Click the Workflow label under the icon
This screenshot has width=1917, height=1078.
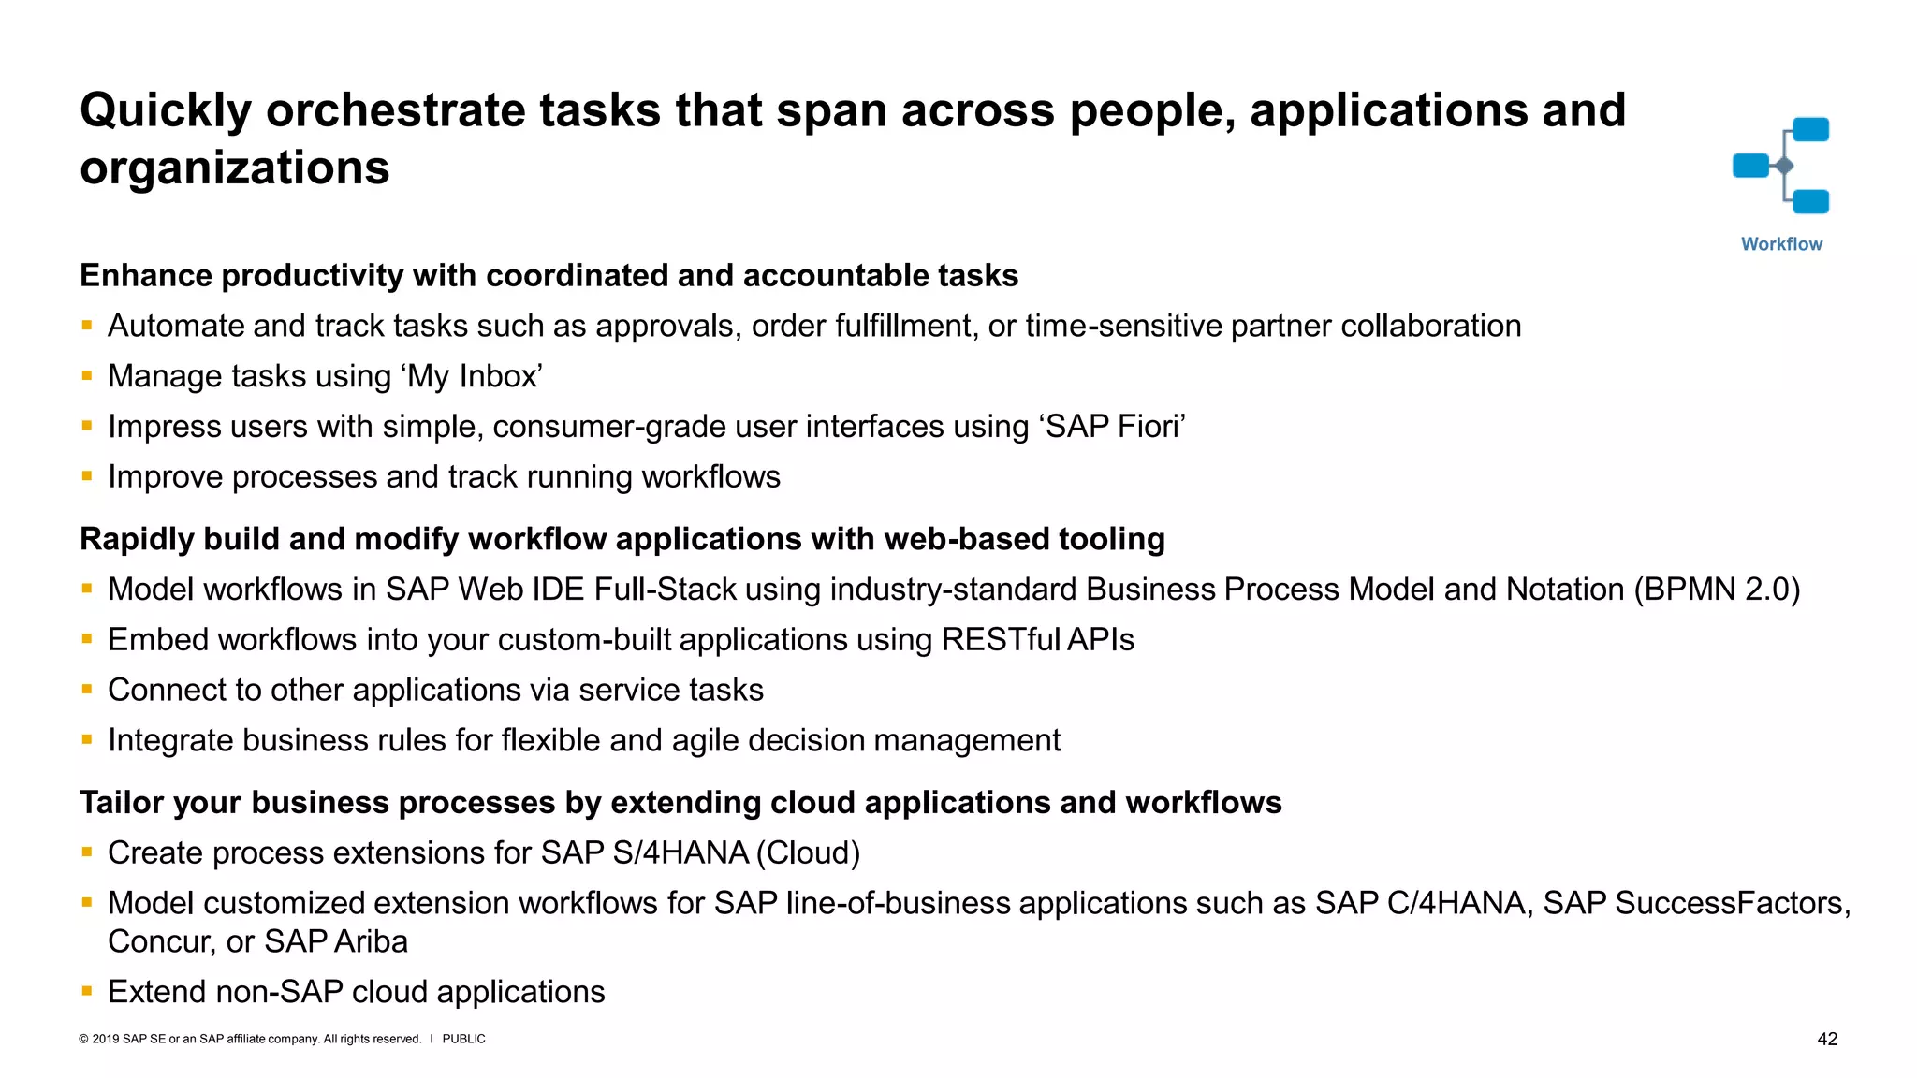[x=1781, y=244]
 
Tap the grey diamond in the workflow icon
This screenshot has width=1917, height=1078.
[x=1784, y=167]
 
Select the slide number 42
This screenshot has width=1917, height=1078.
[x=1827, y=1040]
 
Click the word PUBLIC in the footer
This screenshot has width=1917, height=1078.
[x=463, y=1040]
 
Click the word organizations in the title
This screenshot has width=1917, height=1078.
[x=234, y=168]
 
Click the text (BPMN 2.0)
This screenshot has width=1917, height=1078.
[x=1717, y=590]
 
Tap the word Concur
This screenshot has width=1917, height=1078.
[x=162, y=942]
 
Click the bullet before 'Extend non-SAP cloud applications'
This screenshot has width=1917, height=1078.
[x=87, y=991]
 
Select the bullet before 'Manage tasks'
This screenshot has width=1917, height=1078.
[x=87, y=375]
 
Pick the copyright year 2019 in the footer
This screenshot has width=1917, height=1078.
[x=106, y=1040]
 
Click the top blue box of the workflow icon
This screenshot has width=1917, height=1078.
[x=1810, y=129]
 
